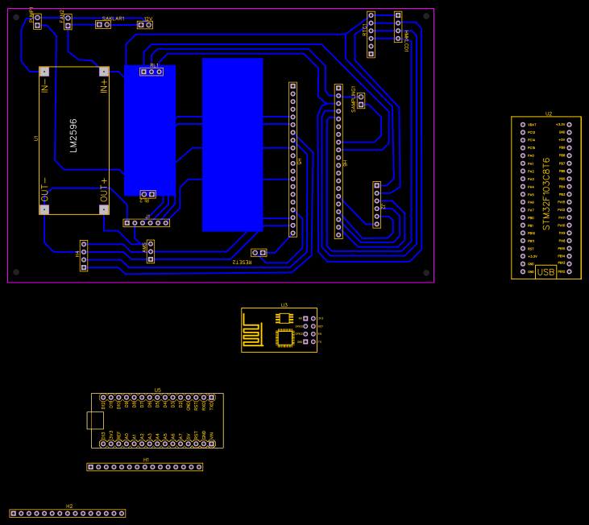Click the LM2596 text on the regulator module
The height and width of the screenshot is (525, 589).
pyautogui.click(x=74, y=135)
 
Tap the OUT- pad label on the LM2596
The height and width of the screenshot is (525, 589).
pyautogui.click(x=45, y=190)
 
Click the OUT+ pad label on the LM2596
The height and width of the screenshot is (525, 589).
pyautogui.click(x=104, y=190)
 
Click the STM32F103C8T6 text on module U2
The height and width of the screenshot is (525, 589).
pyautogui.click(x=546, y=193)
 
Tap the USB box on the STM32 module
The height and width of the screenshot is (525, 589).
pyautogui.click(x=545, y=272)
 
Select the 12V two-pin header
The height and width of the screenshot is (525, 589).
pyautogui.click(x=145, y=25)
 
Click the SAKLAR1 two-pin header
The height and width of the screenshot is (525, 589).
pyautogui.click(x=103, y=25)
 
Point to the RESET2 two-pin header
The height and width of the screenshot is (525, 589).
pyautogui.click(x=259, y=253)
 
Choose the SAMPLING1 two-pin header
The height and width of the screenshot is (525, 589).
pyautogui.click(x=361, y=101)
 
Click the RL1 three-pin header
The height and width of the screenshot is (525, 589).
pyautogui.click(x=151, y=72)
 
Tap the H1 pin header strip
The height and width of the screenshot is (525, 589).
pyautogui.click(x=145, y=467)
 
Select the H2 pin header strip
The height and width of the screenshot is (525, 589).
pyautogui.click(x=68, y=513)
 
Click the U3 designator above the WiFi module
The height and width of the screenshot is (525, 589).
pyautogui.click(x=284, y=305)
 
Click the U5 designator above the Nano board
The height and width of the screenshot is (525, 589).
pyautogui.click(x=158, y=390)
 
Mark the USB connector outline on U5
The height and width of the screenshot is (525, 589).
pyautogui.click(x=95, y=420)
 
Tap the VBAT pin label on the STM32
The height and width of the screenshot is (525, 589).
pyautogui.click(x=532, y=125)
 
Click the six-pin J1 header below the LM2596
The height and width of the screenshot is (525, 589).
pyautogui.click(x=147, y=223)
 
